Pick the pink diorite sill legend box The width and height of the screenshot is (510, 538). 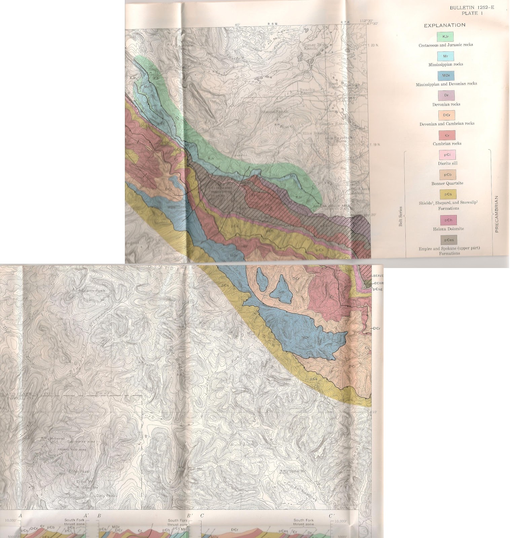[447, 155]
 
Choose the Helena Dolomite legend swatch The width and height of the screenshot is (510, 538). [448, 220]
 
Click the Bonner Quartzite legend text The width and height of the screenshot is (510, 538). [447, 183]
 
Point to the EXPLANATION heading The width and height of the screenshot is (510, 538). [444, 25]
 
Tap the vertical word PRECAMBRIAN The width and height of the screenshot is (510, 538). [497, 214]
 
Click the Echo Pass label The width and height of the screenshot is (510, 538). [80, 471]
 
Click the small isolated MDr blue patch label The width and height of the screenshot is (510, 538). [282, 292]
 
